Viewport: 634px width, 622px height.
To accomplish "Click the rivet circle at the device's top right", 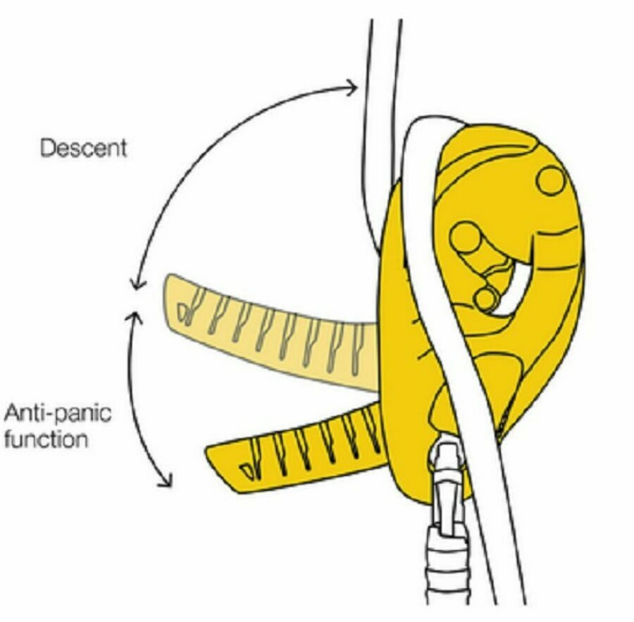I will (x=551, y=181).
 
